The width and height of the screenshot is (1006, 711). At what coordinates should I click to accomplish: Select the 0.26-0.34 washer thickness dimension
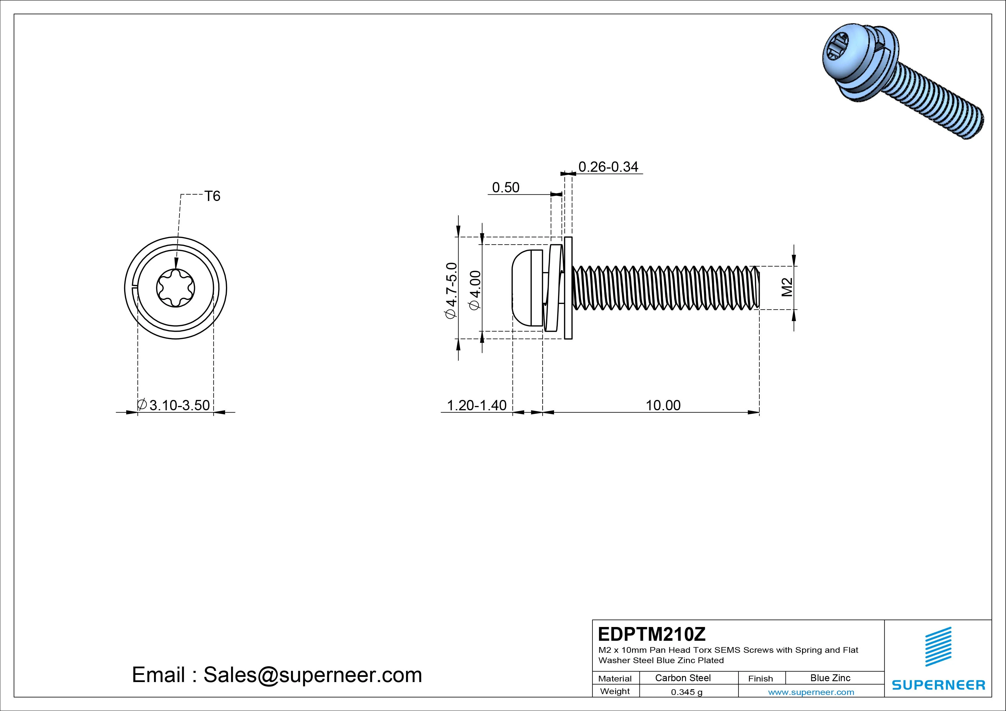tap(608, 167)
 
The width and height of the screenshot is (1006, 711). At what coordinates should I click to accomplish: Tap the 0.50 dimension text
tap(505, 187)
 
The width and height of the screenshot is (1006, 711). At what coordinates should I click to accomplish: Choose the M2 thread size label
tap(787, 287)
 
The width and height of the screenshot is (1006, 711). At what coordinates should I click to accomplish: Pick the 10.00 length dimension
tap(663, 405)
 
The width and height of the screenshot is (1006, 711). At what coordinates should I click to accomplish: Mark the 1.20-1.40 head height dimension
tap(476, 405)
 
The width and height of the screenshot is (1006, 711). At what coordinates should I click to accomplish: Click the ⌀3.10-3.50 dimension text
tap(174, 405)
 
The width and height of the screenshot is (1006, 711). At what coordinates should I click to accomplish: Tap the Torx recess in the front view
tap(176, 288)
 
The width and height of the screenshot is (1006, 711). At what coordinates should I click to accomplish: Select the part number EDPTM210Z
tap(652, 634)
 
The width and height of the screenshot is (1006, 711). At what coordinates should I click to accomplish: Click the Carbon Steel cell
tap(683, 678)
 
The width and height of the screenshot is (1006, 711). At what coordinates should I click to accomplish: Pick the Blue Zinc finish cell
tap(830, 678)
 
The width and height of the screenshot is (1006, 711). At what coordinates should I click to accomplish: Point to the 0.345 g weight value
tap(687, 692)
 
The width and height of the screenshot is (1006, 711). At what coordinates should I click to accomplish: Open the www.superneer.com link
tap(811, 692)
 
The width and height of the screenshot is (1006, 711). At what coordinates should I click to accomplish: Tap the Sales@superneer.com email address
tap(312, 675)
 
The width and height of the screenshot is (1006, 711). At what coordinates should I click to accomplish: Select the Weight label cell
tap(615, 691)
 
